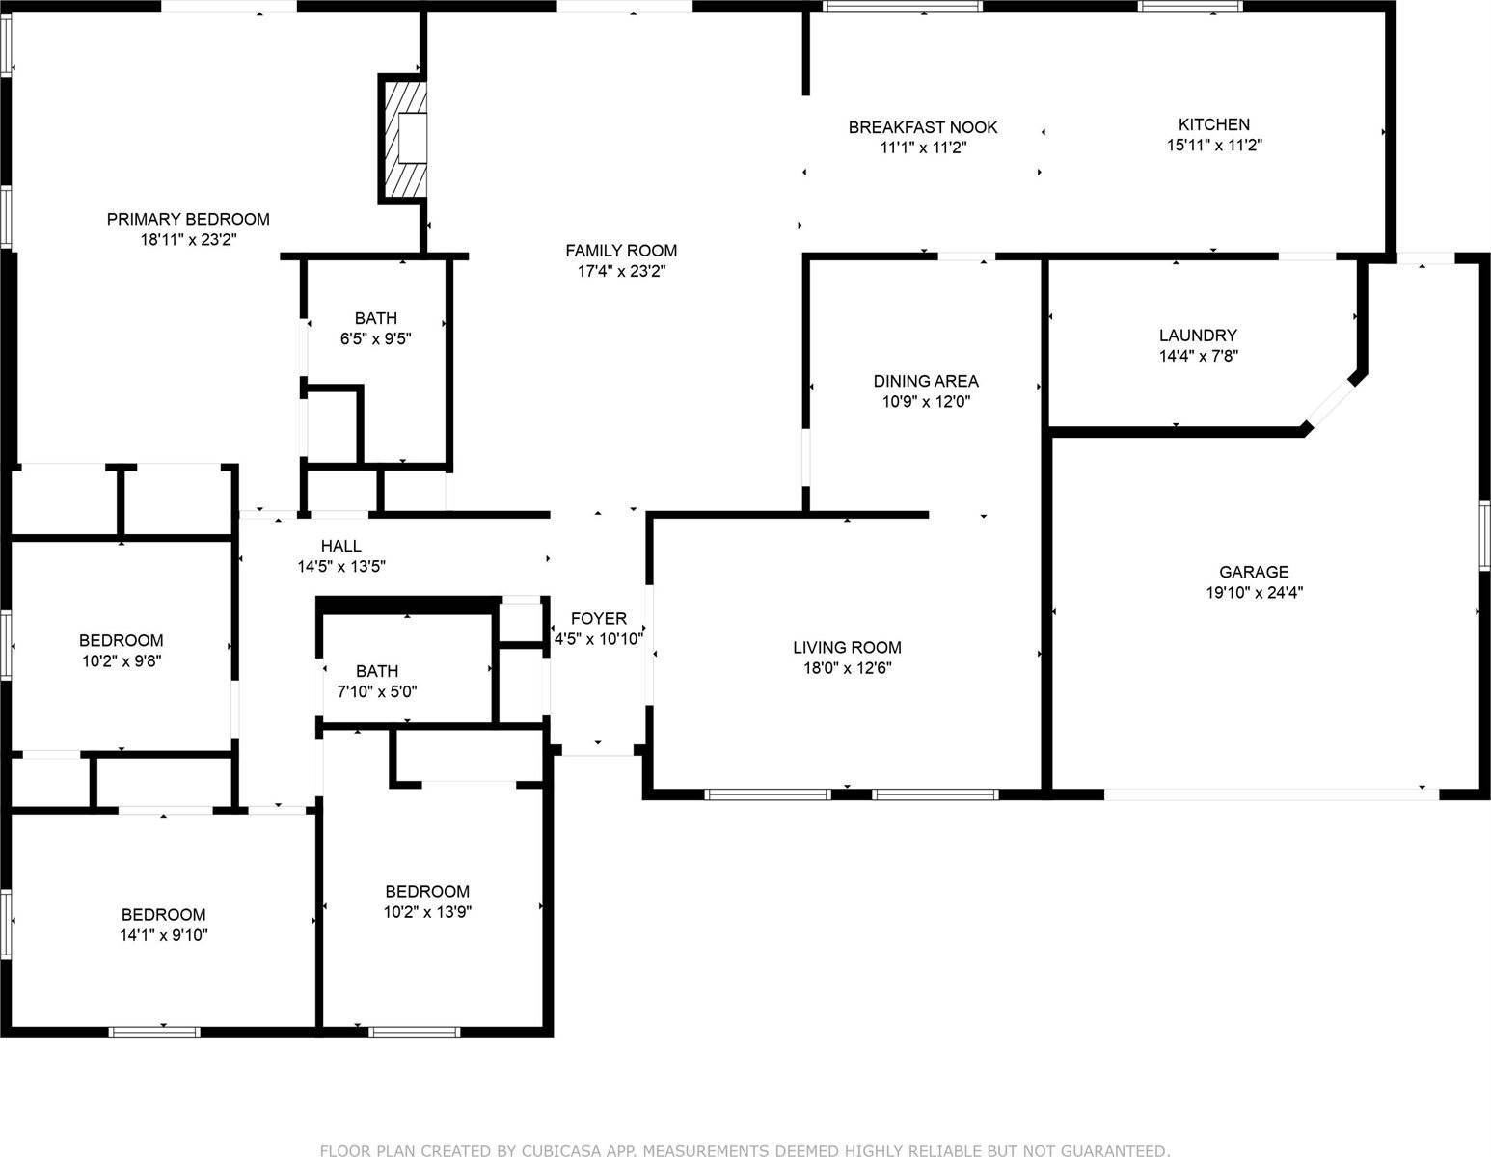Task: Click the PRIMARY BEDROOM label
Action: pyautogui.click(x=188, y=220)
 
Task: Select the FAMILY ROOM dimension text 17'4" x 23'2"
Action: pyautogui.click(x=622, y=271)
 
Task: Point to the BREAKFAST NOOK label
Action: pyautogui.click(x=923, y=127)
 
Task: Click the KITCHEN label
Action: pyautogui.click(x=1214, y=124)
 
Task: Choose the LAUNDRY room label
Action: pyautogui.click(x=1198, y=336)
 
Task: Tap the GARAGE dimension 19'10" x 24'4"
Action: pyautogui.click(x=1255, y=593)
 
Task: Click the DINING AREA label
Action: pyautogui.click(x=926, y=381)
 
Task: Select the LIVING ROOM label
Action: pyautogui.click(x=848, y=647)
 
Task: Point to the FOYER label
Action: pyautogui.click(x=598, y=619)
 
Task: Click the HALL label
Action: pyautogui.click(x=341, y=546)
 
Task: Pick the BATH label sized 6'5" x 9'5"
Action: pyautogui.click(x=375, y=318)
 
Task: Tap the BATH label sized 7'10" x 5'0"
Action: pyautogui.click(x=377, y=671)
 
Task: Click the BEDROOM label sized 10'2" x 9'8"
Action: pyautogui.click(x=122, y=640)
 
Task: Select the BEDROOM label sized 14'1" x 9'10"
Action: pyautogui.click(x=163, y=915)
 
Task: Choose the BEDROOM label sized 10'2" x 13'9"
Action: pyautogui.click(x=427, y=892)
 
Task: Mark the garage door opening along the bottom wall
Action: pyautogui.click(x=1271, y=794)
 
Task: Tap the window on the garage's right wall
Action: pyautogui.click(x=1485, y=536)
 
